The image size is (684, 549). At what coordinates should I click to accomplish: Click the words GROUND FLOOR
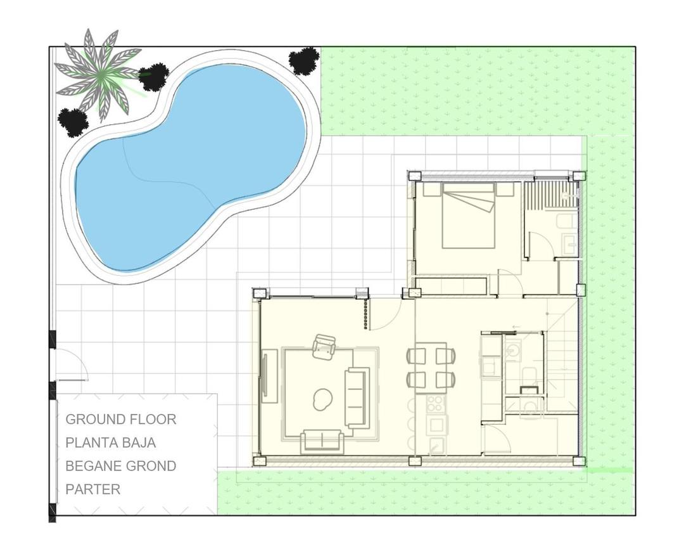click(x=121, y=419)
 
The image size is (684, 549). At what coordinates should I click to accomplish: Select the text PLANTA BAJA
click(x=111, y=442)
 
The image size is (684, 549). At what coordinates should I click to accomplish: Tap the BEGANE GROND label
click(x=121, y=466)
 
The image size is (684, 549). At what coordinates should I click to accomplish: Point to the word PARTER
click(x=93, y=489)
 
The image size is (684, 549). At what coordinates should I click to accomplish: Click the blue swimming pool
click(x=190, y=165)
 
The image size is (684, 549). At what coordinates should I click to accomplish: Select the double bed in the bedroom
click(x=469, y=216)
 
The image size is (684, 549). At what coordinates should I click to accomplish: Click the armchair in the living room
click(x=325, y=346)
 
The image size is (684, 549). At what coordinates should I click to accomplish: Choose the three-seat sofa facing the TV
click(x=357, y=397)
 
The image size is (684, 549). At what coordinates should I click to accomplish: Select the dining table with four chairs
click(x=431, y=367)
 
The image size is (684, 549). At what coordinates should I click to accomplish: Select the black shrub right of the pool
click(x=304, y=61)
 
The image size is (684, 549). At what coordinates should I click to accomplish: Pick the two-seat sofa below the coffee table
click(x=322, y=440)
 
